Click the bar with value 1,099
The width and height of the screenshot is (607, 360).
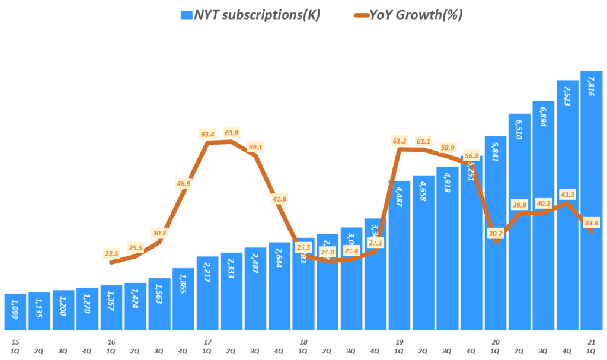click(15, 311)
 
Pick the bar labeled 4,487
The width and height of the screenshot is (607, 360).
click(399, 255)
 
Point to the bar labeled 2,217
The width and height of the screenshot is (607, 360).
click(207, 293)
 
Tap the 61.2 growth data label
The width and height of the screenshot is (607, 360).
click(400, 141)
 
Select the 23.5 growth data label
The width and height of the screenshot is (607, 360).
click(111, 253)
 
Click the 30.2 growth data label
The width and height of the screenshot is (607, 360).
click(495, 233)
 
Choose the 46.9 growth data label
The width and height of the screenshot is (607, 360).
click(183, 184)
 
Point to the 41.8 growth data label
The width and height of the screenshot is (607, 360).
click(279, 199)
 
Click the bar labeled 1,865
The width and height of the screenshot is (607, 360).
click(183, 299)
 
